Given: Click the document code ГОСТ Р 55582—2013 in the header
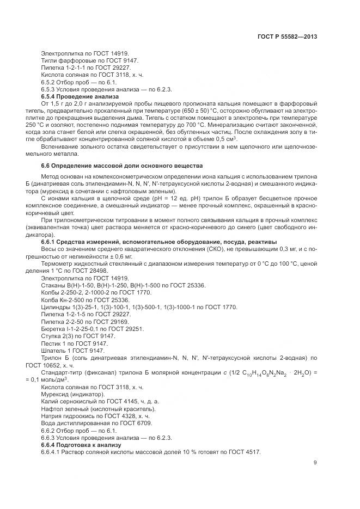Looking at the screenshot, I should pos(287,36).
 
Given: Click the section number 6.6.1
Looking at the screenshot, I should pos(52,242).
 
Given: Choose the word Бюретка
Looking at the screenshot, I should pos(53,329).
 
